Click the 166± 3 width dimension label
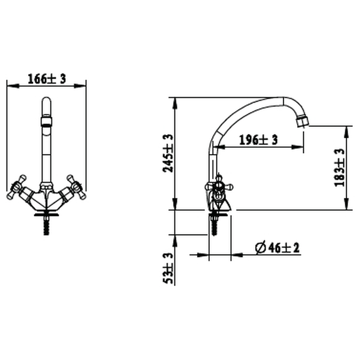pos(46,79)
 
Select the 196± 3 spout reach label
pos(258,140)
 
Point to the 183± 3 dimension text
pos(340,168)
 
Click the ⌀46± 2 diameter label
pos(277,248)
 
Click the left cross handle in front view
pos(16,188)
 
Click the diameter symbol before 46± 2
pos(260,248)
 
